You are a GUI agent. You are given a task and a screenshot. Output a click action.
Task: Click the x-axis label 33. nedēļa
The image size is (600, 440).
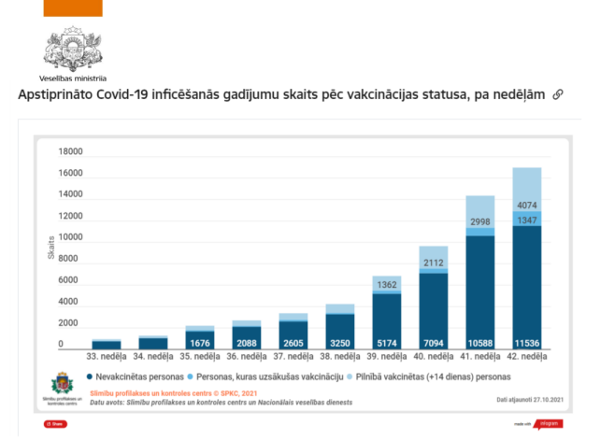(107, 357)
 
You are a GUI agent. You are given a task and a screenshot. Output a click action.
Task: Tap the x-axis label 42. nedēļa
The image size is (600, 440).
(527, 357)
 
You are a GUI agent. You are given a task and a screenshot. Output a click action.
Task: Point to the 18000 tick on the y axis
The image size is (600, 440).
(71, 152)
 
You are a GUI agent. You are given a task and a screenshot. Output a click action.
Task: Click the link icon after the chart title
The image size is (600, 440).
(558, 95)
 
